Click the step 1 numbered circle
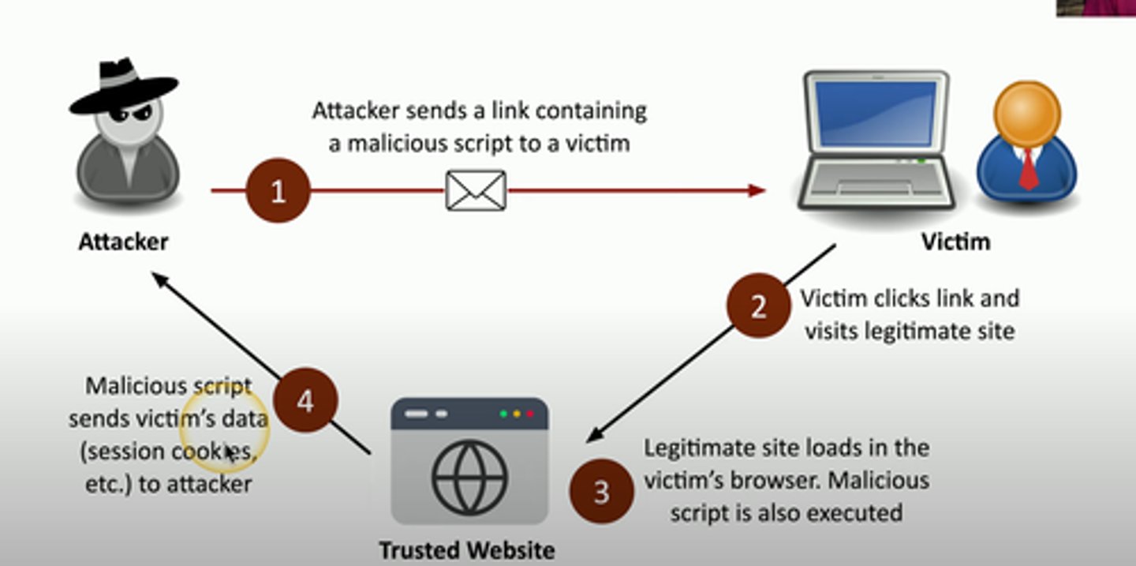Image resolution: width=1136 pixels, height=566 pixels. click(278, 191)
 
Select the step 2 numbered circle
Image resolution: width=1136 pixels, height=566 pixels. click(757, 305)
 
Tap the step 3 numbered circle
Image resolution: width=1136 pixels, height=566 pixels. click(601, 492)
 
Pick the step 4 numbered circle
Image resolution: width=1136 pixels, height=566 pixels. click(305, 400)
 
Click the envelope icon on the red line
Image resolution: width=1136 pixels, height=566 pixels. click(476, 190)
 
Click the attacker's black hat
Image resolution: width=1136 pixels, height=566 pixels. click(125, 85)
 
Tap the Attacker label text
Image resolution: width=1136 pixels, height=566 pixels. click(123, 242)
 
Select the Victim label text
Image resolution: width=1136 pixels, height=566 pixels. click(955, 242)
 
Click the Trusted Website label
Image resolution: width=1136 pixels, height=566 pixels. click(467, 549)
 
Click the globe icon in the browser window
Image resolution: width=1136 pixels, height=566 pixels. click(469, 477)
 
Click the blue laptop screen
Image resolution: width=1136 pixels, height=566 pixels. click(876, 114)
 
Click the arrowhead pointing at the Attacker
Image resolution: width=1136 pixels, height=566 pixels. click(159, 279)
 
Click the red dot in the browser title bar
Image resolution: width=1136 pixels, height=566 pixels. click(530, 414)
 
